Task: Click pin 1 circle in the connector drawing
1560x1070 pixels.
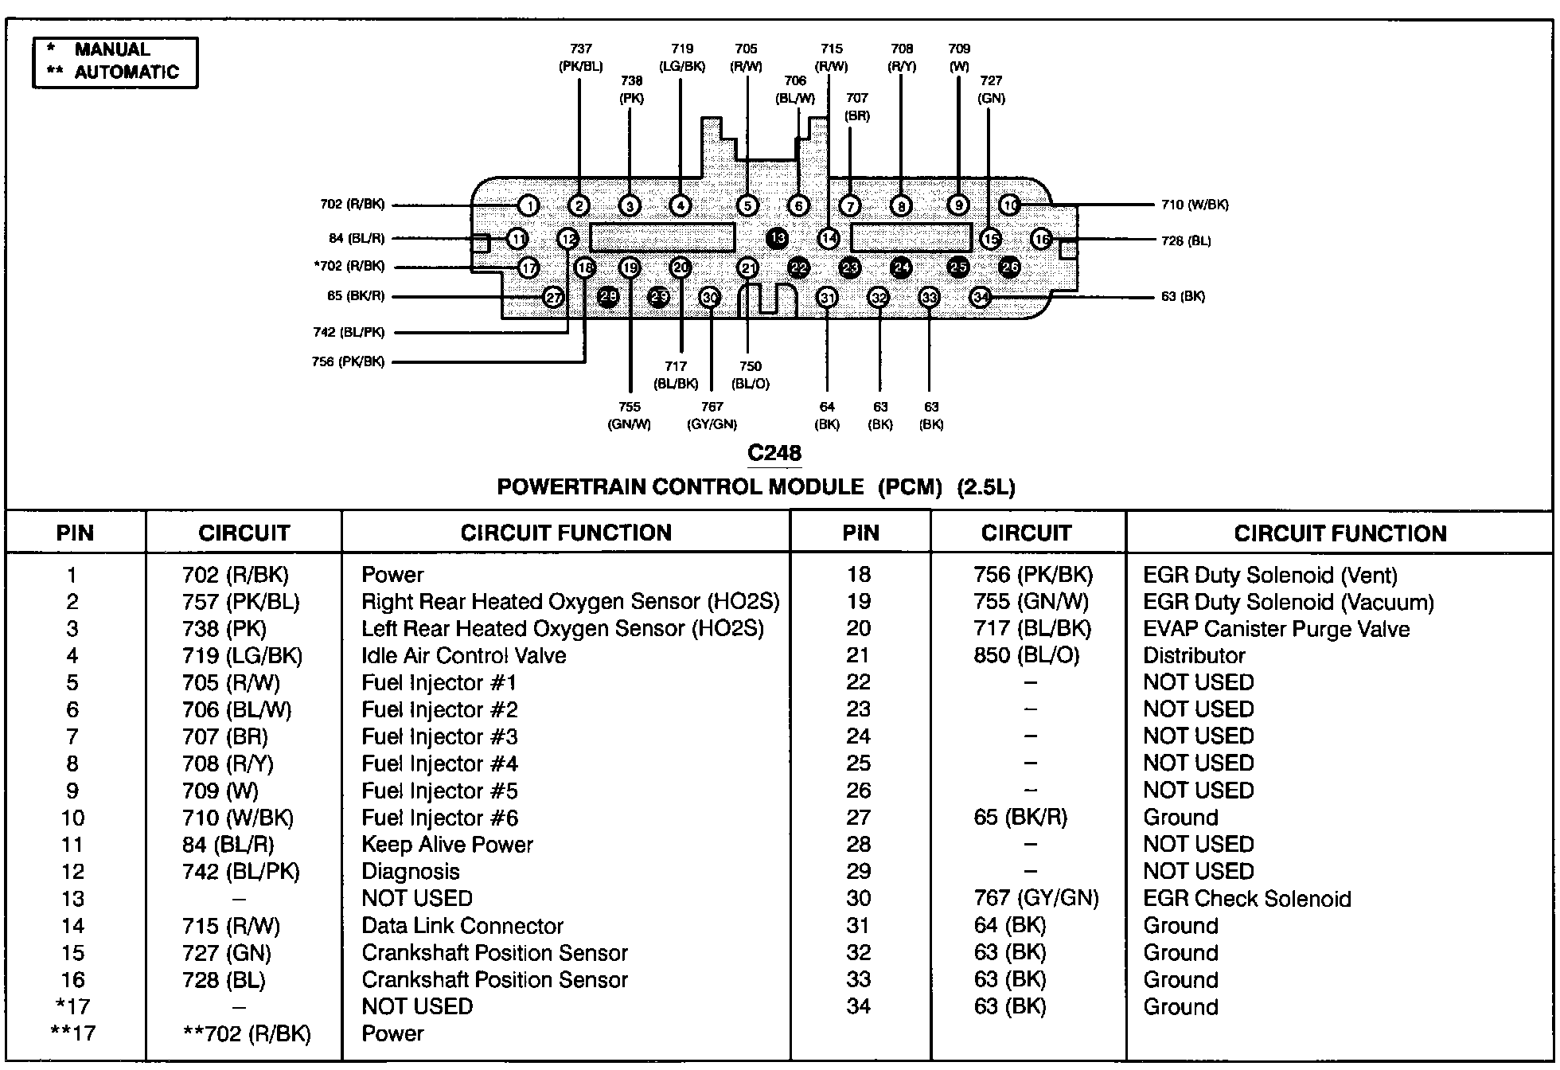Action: (x=528, y=206)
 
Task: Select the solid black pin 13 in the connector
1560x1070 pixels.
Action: (x=778, y=237)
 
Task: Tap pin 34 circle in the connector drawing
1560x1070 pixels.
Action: (x=981, y=298)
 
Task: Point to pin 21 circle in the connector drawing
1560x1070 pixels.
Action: (x=748, y=268)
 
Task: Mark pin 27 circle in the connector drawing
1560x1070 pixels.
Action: (x=553, y=298)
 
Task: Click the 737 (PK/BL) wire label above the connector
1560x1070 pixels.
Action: (x=580, y=58)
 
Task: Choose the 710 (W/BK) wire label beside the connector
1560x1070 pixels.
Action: (x=1195, y=205)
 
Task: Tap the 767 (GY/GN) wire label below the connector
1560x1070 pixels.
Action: (x=712, y=416)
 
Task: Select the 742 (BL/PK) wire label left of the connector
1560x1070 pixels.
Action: (x=349, y=333)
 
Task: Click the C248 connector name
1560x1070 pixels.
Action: (x=774, y=453)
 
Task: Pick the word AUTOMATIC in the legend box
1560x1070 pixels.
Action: (x=127, y=72)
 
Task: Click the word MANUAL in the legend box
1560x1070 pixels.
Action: (x=112, y=49)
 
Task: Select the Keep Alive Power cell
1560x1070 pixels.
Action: (x=447, y=845)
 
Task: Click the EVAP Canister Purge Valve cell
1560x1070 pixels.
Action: (x=1276, y=629)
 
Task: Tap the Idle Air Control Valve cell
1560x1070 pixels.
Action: (x=463, y=656)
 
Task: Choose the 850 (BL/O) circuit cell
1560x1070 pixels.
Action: (x=1027, y=656)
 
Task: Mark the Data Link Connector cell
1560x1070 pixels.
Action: (x=462, y=926)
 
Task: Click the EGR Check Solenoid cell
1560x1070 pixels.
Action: (x=1246, y=899)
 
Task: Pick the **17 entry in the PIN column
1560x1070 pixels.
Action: (x=72, y=1033)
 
